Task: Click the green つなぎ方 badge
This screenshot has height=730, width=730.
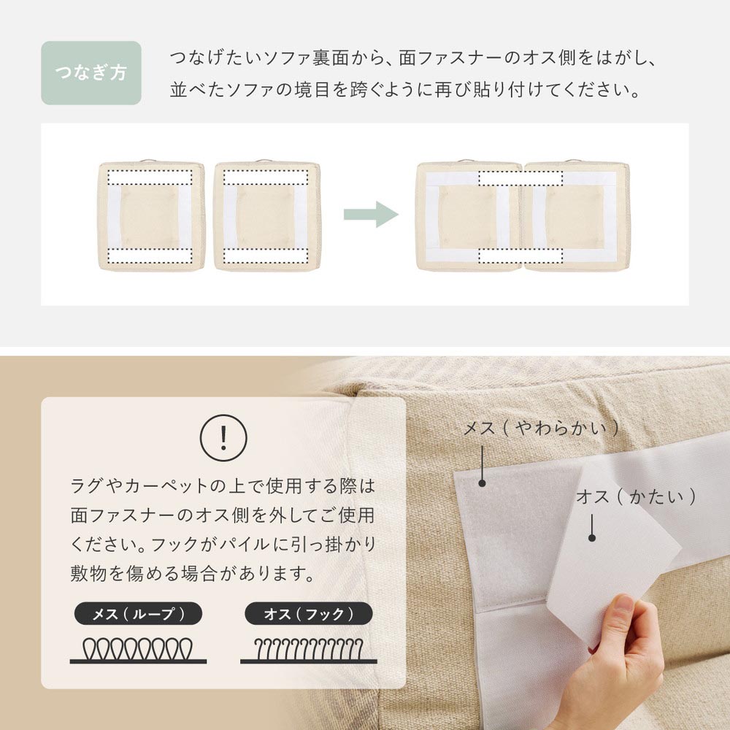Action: [x=91, y=72]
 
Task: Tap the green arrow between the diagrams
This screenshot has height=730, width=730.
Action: [x=371, y=214]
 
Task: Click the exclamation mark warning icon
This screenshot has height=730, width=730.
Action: [x=223, y=437]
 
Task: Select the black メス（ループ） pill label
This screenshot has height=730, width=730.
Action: [x=138, y=614]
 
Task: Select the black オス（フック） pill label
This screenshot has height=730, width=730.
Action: [x=309, y=614]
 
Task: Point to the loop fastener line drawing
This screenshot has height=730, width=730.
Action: [x=138, y=650]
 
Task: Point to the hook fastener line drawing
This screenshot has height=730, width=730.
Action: [x=309, y=650]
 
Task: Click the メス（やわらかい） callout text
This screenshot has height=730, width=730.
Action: [x=542, y=428]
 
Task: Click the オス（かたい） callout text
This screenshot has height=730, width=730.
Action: [x=636, y=496]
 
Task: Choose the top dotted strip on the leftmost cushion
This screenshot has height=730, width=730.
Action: [x=150, y=177]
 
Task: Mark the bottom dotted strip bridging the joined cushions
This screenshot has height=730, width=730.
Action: [x=520, y=255]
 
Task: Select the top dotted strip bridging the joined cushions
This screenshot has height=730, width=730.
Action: [x=520, y=178]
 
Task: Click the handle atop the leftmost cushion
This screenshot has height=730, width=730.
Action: [x=149, y=161]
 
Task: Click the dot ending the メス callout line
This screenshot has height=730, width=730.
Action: [x=483, y=483]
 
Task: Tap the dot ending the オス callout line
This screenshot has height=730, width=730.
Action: [x=592, y=538]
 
